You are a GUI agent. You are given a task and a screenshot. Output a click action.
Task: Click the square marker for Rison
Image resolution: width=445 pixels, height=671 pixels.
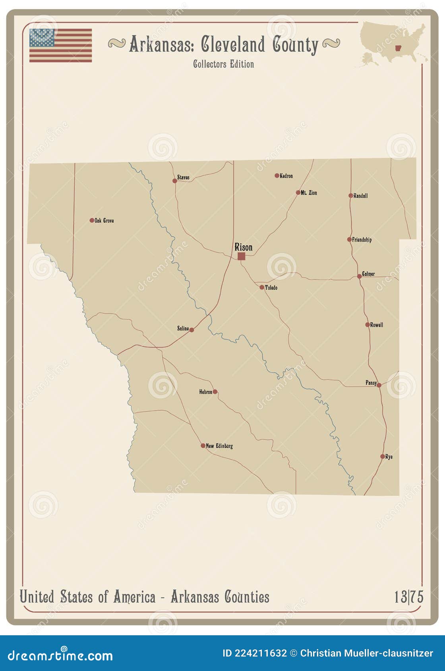click(241, 256)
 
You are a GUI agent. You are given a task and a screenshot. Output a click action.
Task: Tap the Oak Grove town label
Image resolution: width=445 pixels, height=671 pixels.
click(104, 220)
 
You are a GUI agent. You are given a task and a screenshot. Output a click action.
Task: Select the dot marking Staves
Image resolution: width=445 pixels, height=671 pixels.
click(174, 181)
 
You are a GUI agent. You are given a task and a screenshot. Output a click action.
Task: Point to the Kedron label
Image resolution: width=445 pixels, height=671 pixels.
click(286, 176)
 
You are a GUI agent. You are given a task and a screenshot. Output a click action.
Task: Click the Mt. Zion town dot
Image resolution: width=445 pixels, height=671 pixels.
click(298, 193)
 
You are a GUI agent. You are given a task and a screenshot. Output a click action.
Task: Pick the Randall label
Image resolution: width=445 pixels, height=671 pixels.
click(360, 196)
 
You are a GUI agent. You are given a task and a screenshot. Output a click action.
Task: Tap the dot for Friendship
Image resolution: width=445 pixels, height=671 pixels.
click(349, 239)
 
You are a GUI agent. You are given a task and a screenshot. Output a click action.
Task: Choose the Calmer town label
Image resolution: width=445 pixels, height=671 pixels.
click(368, 274)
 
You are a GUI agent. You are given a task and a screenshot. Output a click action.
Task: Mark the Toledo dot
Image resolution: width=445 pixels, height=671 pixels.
click(262, 287)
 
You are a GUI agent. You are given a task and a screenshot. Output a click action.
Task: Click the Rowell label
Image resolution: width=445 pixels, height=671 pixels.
click(377, 325)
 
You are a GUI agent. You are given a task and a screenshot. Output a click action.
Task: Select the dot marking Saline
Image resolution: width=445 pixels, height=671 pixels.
click(192, 330)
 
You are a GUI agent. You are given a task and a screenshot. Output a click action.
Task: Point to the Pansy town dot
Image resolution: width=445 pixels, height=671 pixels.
click(379, 385)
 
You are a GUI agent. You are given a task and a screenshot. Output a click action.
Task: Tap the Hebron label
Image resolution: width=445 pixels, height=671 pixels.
click(205, 392)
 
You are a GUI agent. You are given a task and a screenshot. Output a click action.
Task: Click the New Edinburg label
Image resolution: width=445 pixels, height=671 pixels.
click(219, 446)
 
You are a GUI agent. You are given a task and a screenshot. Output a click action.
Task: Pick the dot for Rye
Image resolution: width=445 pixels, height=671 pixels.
click(383, 457)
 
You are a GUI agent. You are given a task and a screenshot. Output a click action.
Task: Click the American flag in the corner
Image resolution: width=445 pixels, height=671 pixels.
click(60, 45)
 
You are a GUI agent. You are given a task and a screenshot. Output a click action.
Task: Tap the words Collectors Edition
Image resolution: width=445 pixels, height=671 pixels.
click(223, 64)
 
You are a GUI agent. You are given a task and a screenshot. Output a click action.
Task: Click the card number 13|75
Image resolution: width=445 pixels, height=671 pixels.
click(409, 597)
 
